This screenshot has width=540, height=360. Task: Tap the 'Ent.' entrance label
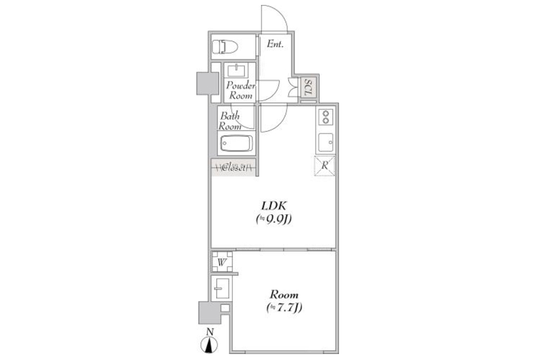pos(275,44)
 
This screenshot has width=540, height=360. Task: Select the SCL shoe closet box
pos(308,87)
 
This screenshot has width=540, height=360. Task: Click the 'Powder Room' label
pos(241,91)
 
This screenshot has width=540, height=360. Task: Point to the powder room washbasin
pos(237,71)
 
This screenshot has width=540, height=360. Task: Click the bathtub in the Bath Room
pos(237,143)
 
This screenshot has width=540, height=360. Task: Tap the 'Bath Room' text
pos(230,121)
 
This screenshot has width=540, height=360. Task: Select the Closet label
pos(234,168)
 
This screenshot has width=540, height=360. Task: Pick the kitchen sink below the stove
pos(326,142)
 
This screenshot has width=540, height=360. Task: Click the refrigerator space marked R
pos(325,166)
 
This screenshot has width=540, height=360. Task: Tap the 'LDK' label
pos(274,206)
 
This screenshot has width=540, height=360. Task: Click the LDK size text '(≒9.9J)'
pos(274,219)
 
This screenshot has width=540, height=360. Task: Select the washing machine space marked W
pos(222,262)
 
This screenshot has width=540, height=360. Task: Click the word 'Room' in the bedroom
pos(284,295)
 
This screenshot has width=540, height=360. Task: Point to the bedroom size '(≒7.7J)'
pos(284,307)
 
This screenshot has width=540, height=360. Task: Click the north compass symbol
pos(210,345)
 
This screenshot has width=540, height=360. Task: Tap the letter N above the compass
pos(210,332)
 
